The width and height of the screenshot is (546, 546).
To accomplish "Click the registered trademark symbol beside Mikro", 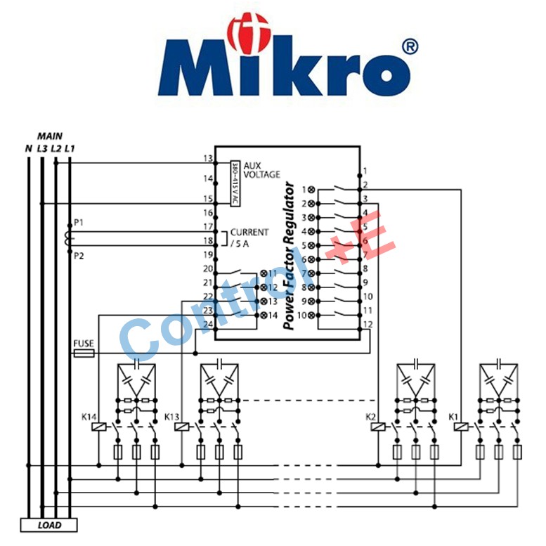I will pos(408,47).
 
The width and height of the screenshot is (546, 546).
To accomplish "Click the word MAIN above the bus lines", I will pos(49,135).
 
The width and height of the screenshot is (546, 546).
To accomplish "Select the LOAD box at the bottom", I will pos(48,525).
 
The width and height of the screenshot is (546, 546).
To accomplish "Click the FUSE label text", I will pos(84,344).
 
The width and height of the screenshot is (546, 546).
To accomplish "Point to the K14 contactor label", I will pos(89,417).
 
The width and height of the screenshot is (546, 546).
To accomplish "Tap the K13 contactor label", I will pos(172,417).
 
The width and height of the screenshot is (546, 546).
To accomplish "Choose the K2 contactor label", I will pos(371,417).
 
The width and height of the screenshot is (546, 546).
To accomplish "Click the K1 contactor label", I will pos(454,417).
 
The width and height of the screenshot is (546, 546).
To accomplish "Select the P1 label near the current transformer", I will pos(79,223).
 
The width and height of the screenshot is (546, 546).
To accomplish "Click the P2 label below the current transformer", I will pos(79,256).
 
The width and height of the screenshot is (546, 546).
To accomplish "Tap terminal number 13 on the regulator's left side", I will pos(207,158).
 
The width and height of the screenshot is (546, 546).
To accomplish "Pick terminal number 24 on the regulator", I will pos(207,324).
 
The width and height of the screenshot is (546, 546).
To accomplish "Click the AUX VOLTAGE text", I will pos(261,169).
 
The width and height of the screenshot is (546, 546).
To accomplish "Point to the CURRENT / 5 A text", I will pos(249,238).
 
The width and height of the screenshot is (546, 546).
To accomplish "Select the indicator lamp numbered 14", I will pos(264,315).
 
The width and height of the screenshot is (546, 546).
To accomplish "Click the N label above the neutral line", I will pos(28,148).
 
